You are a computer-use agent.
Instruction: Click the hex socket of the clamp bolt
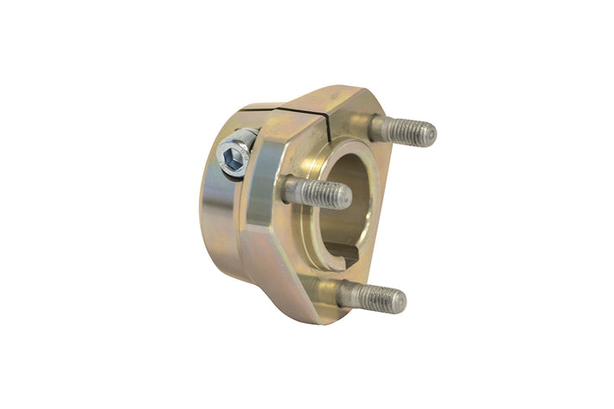coord(231,158)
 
